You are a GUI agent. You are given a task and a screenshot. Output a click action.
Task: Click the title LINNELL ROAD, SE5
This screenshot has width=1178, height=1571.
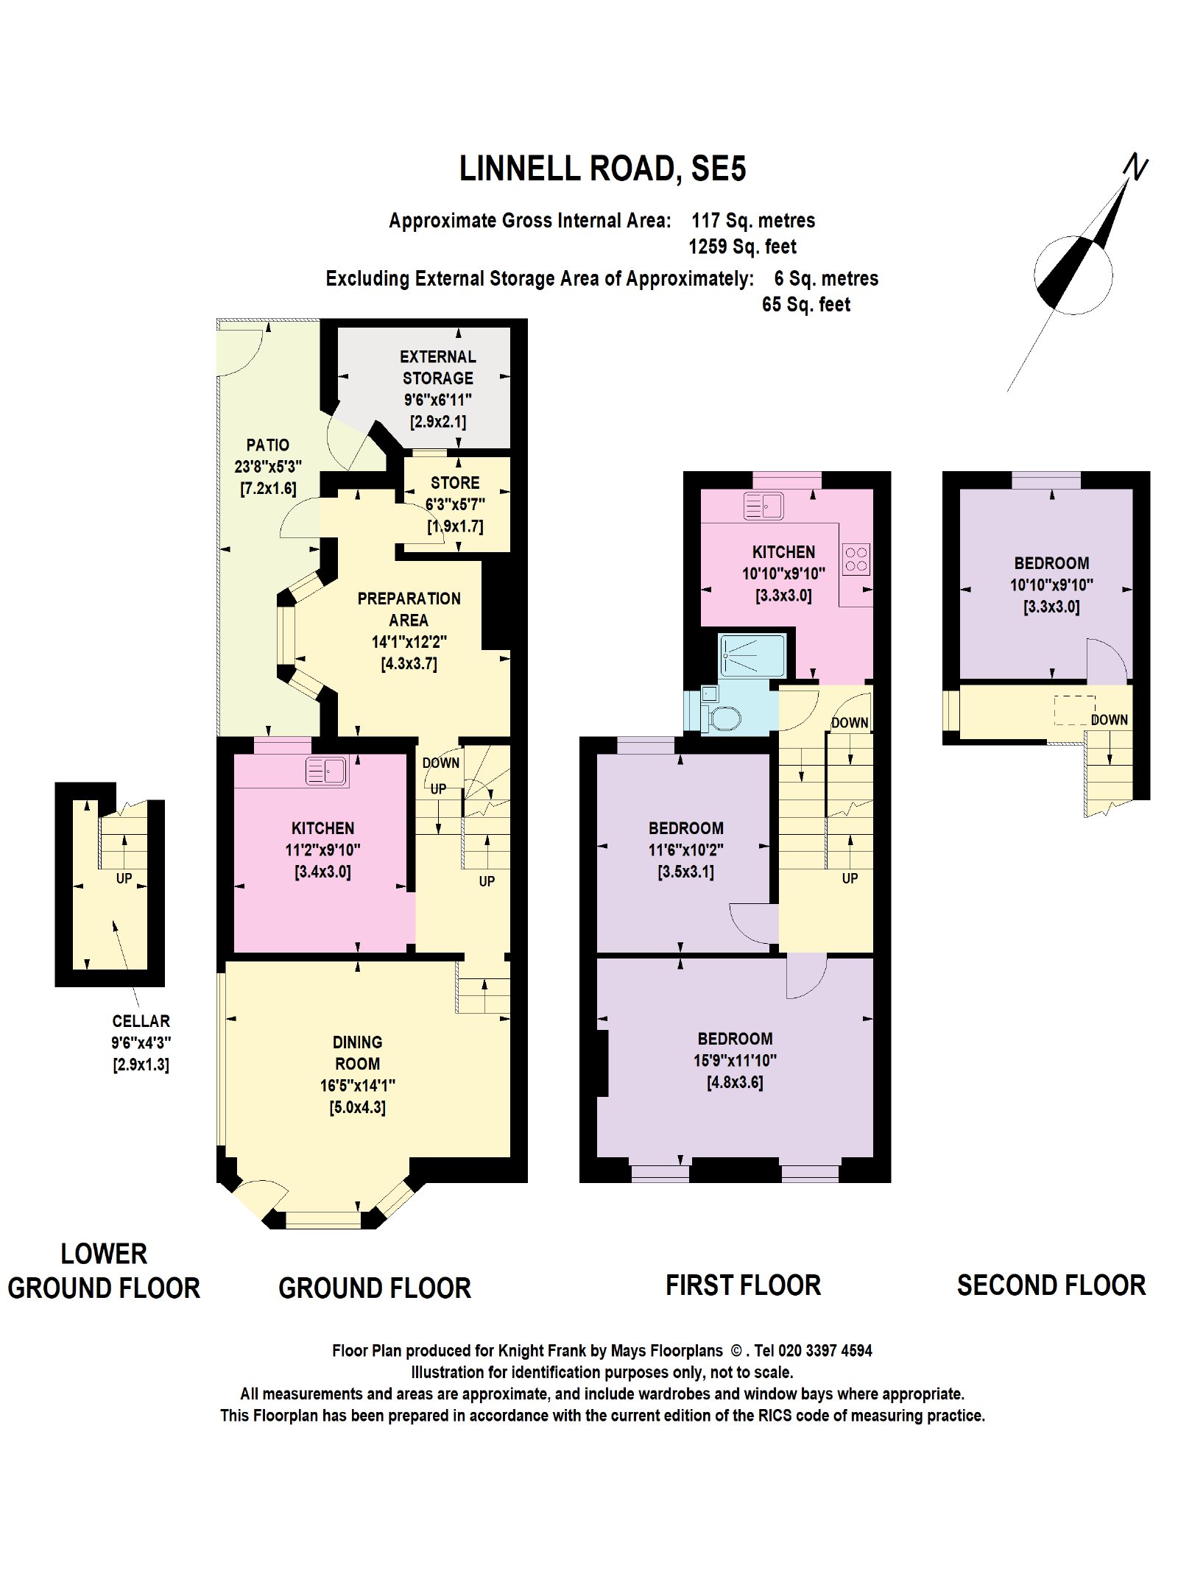click(602, 169)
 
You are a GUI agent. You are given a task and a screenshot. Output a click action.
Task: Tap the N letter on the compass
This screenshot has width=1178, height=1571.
click(1136, 166)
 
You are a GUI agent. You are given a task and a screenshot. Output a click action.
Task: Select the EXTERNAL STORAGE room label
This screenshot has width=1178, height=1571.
click(437, 367)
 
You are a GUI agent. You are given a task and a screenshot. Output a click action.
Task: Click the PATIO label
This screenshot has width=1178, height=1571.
click(267, 445)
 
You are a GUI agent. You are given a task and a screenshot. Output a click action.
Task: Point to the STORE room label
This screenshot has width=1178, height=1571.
click(455, 483)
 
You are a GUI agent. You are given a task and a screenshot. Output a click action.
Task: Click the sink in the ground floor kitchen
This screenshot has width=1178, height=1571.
click(326, 772)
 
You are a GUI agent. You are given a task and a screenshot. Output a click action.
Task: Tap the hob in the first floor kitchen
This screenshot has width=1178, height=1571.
click(856, 559)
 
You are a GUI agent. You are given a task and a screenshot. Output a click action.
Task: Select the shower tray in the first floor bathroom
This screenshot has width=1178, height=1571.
click(752, 654)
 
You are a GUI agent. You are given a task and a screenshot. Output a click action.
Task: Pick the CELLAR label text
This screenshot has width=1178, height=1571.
click(141, 1021)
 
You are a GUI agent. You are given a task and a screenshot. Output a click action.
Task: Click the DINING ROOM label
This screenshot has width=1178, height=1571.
click(357, 1053)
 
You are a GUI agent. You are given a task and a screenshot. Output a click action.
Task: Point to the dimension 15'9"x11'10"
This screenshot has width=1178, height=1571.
click(735, 1061)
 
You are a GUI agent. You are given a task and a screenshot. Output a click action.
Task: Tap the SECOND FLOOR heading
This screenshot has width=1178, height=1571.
click(1051, 1285)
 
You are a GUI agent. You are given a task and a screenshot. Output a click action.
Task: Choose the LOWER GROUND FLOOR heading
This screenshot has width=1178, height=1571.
click(104, 1271)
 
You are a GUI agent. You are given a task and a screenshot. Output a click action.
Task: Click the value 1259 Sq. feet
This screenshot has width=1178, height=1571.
click(742, 247)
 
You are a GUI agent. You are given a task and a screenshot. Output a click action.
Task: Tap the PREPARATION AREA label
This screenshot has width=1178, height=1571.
click(409, 610)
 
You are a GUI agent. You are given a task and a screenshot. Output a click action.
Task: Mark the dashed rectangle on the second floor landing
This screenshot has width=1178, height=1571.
click(1075, 710)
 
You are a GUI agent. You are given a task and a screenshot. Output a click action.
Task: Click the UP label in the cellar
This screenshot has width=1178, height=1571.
click(124, 878)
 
